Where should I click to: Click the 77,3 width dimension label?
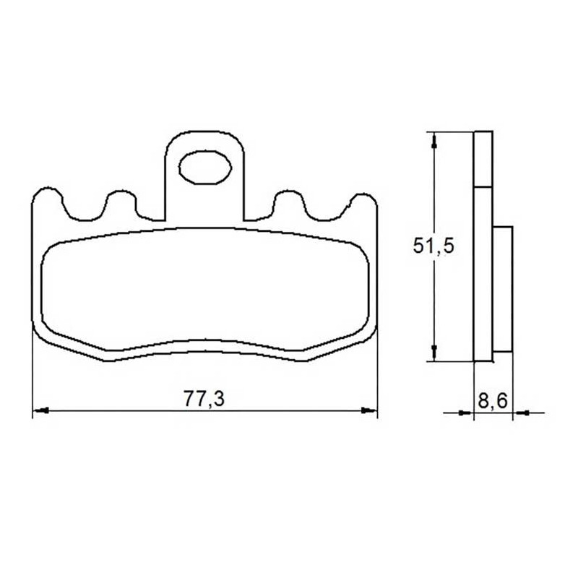tap(204, 399)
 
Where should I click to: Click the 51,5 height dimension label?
tap(433, 246)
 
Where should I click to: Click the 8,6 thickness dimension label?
tap(493, 400)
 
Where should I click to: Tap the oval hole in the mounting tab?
tap(205, 168)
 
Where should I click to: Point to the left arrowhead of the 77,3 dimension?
tap(40, 410)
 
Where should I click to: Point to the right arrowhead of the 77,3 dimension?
tap(369, 410)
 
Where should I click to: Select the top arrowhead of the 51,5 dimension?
tap(434, 142)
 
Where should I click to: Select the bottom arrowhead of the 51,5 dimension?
tap(434, 353)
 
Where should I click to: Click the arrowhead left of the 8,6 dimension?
tap(465, 413)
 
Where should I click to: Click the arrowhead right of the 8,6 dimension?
tap(521, 413)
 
